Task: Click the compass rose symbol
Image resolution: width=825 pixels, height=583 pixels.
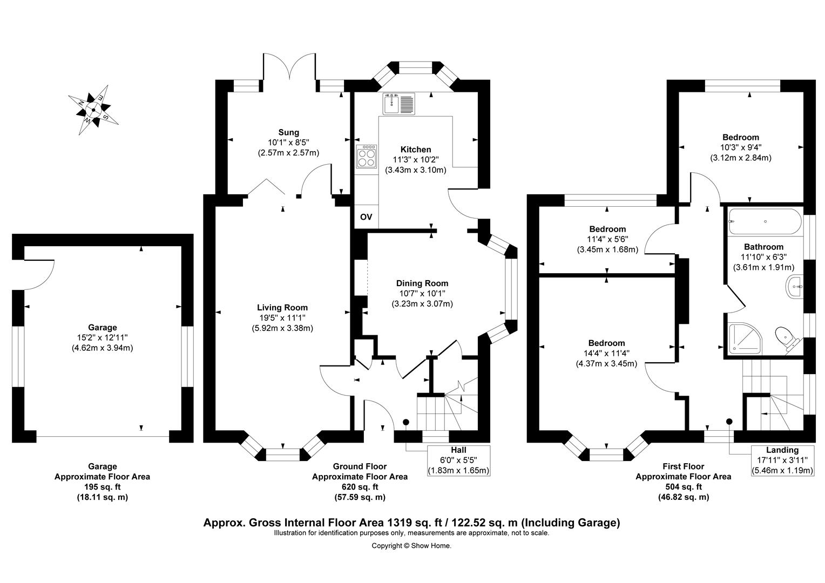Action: [93, 110]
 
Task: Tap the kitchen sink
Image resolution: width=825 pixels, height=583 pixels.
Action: [398, 104]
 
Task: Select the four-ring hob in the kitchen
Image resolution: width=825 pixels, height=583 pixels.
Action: [367, 157]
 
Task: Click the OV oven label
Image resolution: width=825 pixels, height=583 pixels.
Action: [366, 217]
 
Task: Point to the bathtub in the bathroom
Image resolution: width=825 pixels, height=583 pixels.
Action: [765, 221]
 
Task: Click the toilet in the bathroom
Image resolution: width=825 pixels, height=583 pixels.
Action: [787, 339]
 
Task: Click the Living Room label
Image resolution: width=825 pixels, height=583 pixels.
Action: [282, 307]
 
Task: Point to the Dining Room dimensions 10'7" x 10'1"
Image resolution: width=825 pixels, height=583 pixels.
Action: [422, 293]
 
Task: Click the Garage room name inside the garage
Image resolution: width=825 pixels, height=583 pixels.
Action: [103, 327]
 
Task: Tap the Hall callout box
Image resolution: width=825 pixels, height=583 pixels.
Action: [458, 460]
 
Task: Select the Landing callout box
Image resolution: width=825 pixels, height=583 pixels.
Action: [782, 460]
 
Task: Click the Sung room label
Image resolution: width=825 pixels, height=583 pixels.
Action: [288, 132]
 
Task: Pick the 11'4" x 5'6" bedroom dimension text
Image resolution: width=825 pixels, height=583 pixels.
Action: [607, 239]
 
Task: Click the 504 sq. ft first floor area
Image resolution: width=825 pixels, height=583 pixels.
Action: [683, 486]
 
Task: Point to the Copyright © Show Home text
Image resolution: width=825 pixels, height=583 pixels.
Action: [411, 546]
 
